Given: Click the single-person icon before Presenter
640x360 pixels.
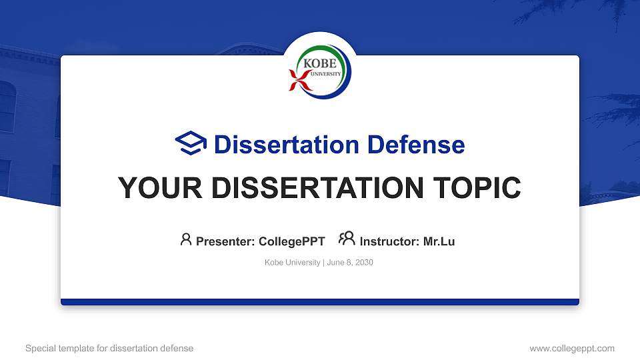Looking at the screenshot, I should pos(186,239).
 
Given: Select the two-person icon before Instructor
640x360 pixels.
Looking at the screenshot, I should pos(347,239).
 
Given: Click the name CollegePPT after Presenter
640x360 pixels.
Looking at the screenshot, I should pos(291,241).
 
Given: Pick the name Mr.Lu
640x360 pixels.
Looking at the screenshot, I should pos(439,241).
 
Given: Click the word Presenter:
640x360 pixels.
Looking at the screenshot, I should pos(225,241).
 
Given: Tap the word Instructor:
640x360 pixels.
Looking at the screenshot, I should pos(389,241).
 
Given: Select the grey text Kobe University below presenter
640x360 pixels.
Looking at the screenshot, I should pos(292,263).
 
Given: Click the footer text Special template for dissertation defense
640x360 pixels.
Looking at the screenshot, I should pos(109,348).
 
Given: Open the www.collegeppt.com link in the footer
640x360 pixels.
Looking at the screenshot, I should pos(571,348).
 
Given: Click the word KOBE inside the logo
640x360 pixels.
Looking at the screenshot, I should pos(318,63).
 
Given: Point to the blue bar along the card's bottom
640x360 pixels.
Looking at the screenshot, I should pos(320,302).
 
